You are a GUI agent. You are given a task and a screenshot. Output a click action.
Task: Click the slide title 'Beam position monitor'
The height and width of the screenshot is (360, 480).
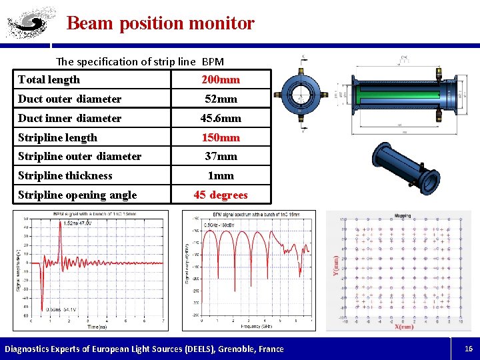(161, 23)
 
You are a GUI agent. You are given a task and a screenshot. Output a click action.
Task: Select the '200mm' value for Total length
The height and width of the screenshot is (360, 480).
(221, 80)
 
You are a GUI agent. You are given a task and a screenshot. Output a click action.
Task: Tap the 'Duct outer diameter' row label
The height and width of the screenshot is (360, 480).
(69, 99)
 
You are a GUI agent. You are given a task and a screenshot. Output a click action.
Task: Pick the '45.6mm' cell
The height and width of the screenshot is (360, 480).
(221, 119)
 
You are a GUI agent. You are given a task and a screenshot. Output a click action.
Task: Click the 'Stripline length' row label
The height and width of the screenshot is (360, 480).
(57, 138)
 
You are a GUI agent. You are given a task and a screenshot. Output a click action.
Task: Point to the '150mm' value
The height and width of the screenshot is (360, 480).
(221, 138)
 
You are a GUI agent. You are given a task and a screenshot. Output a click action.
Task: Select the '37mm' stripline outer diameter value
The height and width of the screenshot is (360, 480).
(221, 157)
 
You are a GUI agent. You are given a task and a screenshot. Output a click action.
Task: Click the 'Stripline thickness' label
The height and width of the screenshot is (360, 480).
(65, 176)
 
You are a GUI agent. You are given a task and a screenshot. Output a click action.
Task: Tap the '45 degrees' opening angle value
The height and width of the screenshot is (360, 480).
(221, 195)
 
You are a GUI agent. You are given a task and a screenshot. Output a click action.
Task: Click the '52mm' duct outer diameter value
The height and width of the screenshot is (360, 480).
(221, 99)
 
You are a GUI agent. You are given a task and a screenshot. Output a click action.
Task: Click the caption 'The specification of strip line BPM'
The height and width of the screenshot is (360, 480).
(140, 61)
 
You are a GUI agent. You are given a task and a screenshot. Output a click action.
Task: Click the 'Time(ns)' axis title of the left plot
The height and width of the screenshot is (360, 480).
(100, 327)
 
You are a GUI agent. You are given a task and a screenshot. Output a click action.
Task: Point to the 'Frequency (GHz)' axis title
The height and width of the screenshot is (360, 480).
(257, 327)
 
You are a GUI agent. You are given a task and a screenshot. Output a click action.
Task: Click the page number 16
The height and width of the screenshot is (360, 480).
(469, 349)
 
